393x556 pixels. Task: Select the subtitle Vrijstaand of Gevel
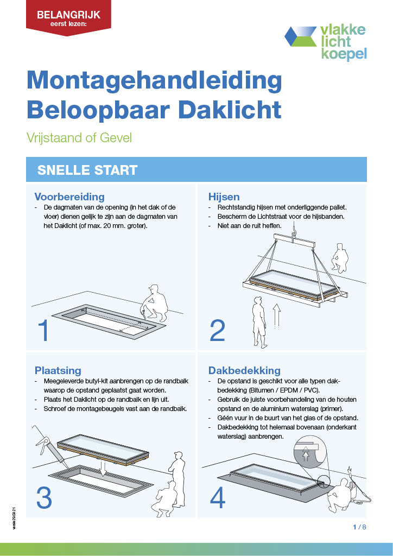[79, 137]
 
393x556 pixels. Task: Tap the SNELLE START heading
[87, 170]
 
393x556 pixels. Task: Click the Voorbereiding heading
[69, 197]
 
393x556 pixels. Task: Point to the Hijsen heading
[224, 197]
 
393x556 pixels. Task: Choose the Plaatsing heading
[58, 370]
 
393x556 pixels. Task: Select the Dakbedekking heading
[244, 370]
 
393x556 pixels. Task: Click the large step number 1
[44, 331]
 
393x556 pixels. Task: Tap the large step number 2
[217, 331]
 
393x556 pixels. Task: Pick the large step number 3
[44, 497]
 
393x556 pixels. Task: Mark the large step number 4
[217, 497]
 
